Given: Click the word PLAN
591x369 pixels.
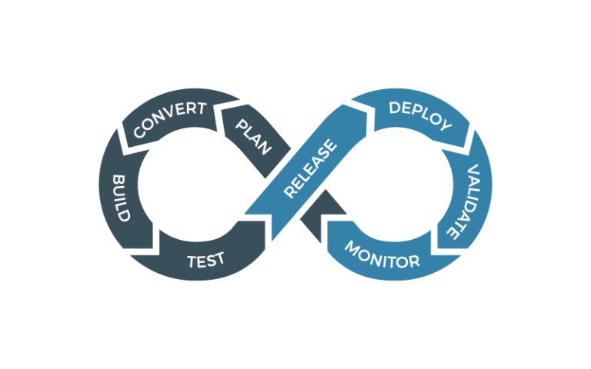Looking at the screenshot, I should [253, 137].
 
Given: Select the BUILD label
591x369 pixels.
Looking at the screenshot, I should [121, 198].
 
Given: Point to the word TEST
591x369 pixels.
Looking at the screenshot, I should [205, 260].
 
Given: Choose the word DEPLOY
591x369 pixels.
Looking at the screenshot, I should [419, 116].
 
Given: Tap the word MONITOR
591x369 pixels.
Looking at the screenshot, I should [382, 254].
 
